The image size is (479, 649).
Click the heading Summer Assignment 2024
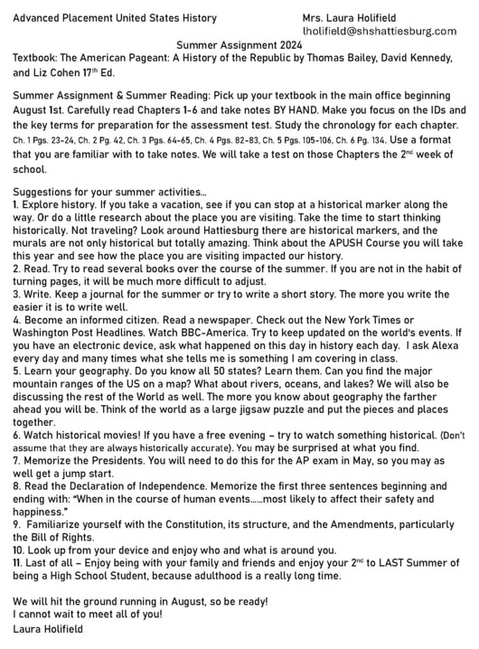pos(239,43)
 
